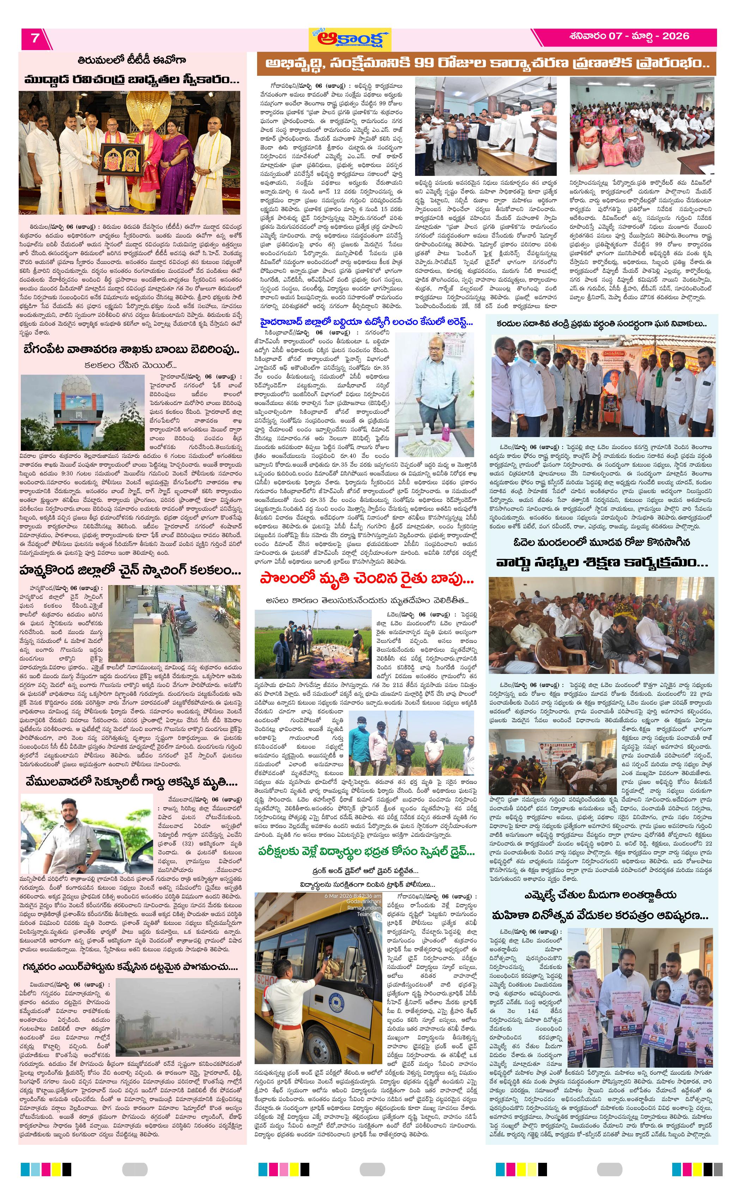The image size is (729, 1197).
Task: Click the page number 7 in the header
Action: click(35, 38)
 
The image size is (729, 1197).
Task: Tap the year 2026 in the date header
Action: click(675, 36)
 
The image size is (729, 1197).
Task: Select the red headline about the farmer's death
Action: click(366, 579)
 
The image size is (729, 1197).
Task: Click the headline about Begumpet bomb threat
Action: click(131, 349)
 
